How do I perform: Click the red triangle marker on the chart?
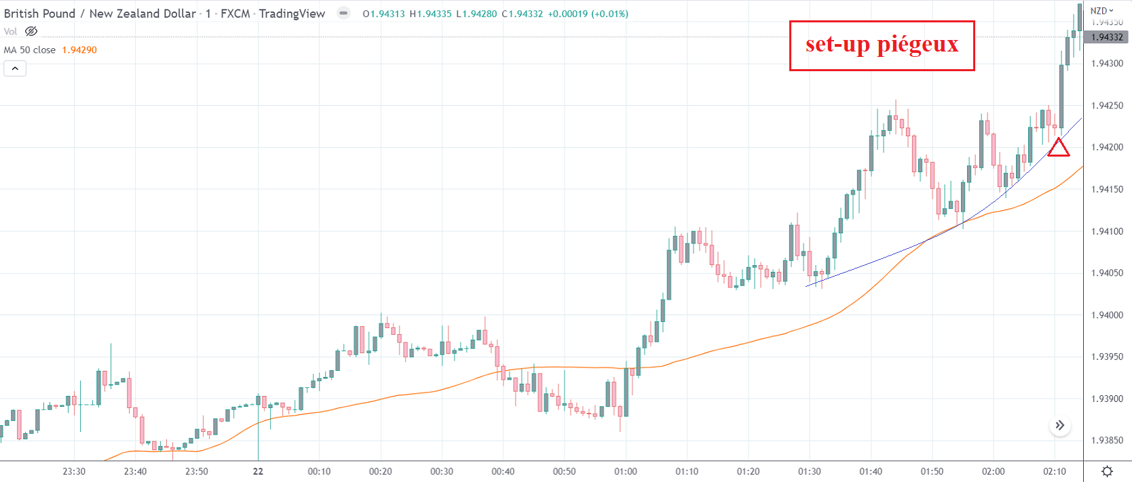(x=1058, y=148)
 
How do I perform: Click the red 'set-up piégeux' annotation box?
(x=882, y=45)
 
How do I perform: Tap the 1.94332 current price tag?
(x=1107, y=37)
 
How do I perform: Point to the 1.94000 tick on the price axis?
(x=1107, y=315)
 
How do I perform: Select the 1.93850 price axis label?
(x=1107, y=441)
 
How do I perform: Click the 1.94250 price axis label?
(x=1107, y=106)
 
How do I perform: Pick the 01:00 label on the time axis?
(x=625, y=471)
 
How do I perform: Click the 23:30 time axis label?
(x=74, y=471)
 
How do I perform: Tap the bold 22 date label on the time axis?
(x=258, y=471)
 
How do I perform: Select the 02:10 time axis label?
(x=1054, y=471)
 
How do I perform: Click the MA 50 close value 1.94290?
(x=79, y=50)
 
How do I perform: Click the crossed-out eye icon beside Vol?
(x=31, y=31)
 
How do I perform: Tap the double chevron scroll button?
(x=1059, y=426)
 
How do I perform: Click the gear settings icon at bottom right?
(x=1107, y=471)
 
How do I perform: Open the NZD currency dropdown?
(x=1102, y=11)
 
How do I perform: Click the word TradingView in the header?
(x=292, y=14)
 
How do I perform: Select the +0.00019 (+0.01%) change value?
(x=588, y=14)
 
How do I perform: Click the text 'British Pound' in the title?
(x=39, y=14)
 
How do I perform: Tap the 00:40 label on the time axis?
(x=503, y=471)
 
